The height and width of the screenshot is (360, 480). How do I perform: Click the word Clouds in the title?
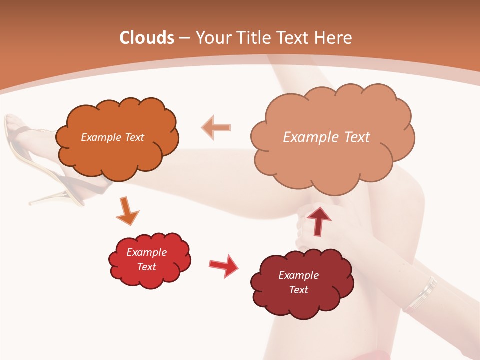click(147, 38)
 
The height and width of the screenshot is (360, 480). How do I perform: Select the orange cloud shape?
click(117, 155)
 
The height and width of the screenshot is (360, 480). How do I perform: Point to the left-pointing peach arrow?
click(217, 127)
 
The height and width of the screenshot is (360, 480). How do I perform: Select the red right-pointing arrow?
click(223, 266)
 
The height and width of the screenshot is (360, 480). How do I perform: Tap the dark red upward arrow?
click(318, 221)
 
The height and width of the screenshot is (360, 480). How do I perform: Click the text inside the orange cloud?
click(112, 137)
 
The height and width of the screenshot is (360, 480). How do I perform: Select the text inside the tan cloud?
click(326, 137)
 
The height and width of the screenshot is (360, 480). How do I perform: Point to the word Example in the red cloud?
click(146, 252)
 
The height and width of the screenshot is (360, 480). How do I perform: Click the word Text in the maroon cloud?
click(298, 290)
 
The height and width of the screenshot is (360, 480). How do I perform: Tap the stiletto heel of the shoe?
click(50, 200)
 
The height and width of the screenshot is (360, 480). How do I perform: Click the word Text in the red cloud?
click(146, 267)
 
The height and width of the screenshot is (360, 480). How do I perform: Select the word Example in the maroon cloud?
click(298, 275)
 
